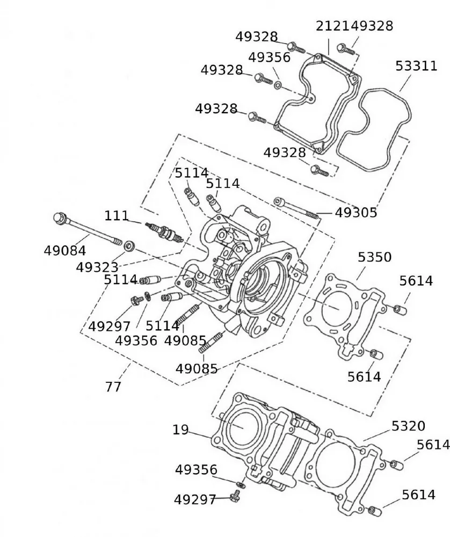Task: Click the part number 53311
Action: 416,66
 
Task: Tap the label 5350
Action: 375,257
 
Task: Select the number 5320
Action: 408,426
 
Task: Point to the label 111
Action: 117,216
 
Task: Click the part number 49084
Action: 65,250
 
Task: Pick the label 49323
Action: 97,267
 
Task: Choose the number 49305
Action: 356,213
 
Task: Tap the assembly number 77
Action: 113,386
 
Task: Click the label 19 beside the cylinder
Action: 180,430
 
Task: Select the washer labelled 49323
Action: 129,246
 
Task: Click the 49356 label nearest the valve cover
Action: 269,57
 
